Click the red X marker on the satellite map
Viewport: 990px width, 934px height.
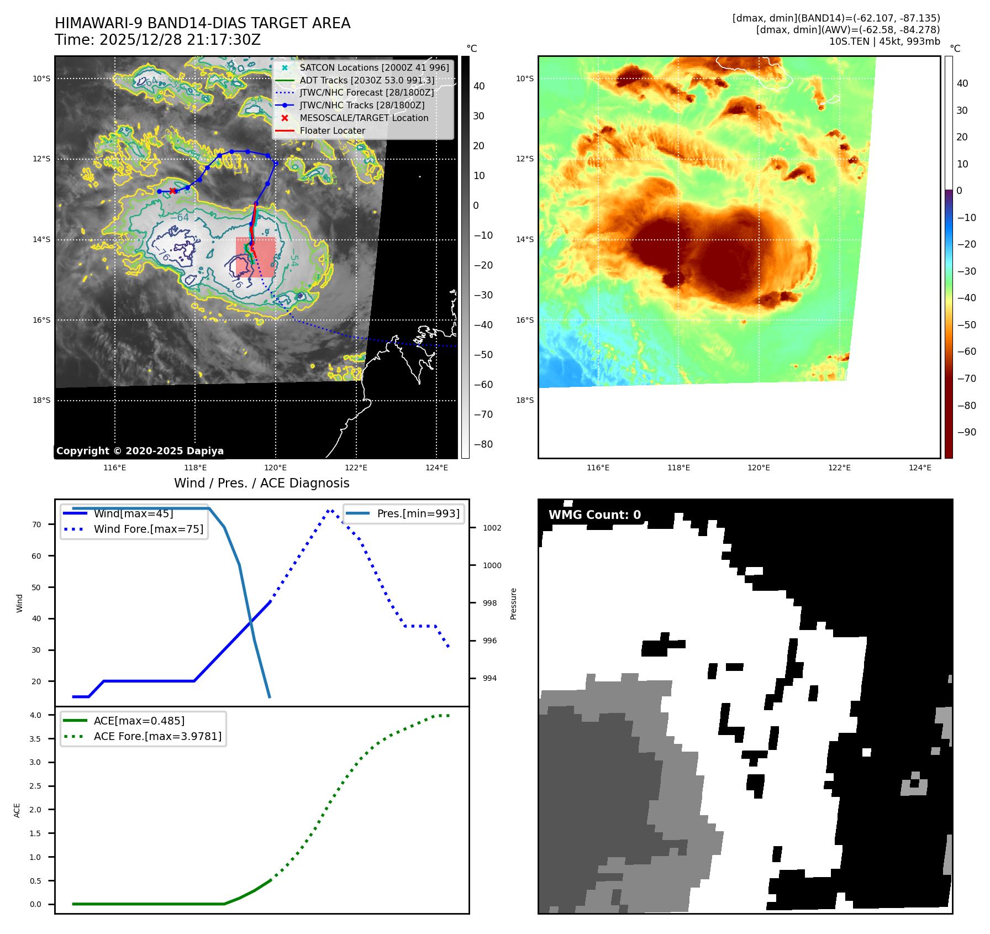[173, 191]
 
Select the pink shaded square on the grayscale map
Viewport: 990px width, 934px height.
[255, 257]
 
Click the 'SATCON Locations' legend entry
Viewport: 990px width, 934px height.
[374, 67]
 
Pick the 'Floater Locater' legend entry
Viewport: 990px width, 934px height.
[332, 130]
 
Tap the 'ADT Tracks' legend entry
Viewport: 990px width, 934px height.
[367, 80]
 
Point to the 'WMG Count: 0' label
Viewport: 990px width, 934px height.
[594, 515]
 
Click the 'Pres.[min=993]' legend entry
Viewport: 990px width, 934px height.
[418, 513]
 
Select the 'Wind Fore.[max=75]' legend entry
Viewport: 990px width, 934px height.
[148, 529]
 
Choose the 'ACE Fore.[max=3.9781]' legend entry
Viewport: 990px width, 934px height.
[157, 736]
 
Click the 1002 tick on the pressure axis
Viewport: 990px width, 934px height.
[492, 528]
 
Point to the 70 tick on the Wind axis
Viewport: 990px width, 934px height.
[36, 524]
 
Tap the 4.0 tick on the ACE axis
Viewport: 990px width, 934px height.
[35, 715]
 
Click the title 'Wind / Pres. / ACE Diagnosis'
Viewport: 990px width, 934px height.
[262, 483]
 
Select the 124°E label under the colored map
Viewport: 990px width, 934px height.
[920, 468]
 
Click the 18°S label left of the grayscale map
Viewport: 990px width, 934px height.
[41, 400]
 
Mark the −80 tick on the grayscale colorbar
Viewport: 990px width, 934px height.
[483, 444]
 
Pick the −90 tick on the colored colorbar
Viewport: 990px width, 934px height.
[966, 432]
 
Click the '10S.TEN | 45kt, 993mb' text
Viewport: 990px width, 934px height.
[884, 41]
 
